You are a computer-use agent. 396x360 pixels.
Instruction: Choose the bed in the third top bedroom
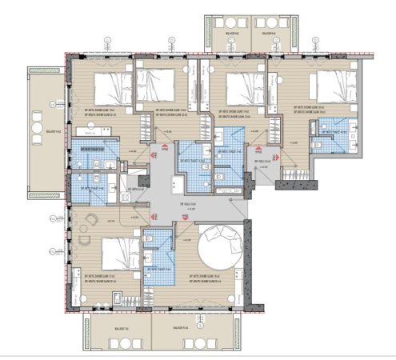click(x=234, y=86)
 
